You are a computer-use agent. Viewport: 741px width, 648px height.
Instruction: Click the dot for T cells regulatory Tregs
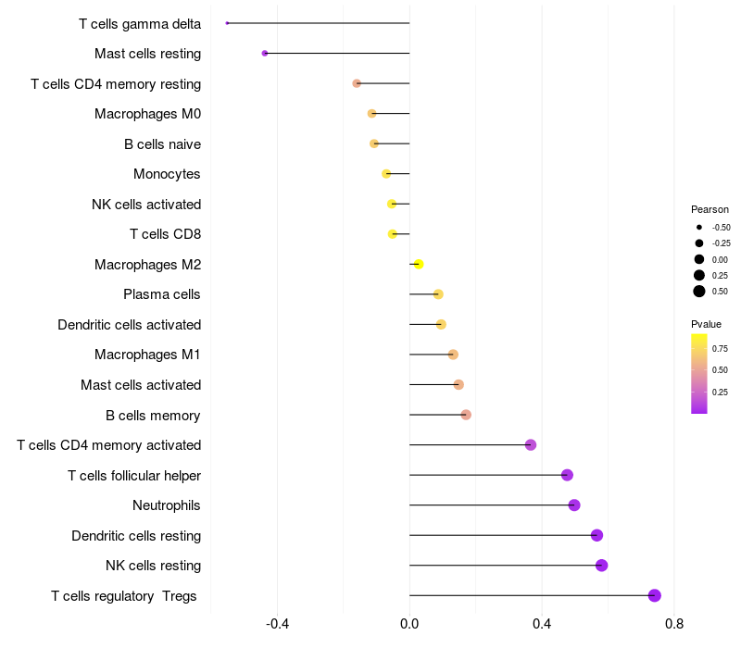click(x=655, y=595)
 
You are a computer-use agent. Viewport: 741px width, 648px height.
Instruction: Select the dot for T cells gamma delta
click(x=227, y=23)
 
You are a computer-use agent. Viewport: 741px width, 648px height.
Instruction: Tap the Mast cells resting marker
click(x=265, y=54)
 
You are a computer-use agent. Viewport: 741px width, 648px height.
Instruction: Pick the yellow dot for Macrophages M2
click(x=419, y=265)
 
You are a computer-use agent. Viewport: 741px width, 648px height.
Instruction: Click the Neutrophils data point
click(x=574, y=505)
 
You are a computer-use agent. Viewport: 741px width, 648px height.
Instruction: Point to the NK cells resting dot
click(x=602, y=566)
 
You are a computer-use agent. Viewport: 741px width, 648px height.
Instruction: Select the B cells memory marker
click(x=466, y=415)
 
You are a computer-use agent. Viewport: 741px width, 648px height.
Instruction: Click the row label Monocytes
click(x=167, y=174)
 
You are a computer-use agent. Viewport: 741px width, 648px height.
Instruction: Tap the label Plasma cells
click(x=162, y=294)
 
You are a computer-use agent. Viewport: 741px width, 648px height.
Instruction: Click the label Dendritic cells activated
click(x=129, y=325)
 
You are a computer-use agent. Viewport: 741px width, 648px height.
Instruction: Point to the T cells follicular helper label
click(x=134, y=476)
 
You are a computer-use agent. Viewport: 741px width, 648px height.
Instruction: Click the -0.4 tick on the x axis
click(x=277, y=624)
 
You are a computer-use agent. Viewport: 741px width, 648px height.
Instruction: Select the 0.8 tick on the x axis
click(x=674, y=624)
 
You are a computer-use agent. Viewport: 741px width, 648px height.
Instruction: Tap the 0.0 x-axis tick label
click(x=409, y=624)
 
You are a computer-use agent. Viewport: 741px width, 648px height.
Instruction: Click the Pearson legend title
click(x=710, y=209)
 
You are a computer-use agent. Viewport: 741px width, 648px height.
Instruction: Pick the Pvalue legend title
click(x=706, y=324)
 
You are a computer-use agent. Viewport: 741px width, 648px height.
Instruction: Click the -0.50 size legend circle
click(x=699, y=227)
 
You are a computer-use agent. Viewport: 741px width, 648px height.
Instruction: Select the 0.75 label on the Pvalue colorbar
click(x=720, y=349)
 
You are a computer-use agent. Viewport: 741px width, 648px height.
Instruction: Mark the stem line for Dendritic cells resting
click(x=500, y=535)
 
